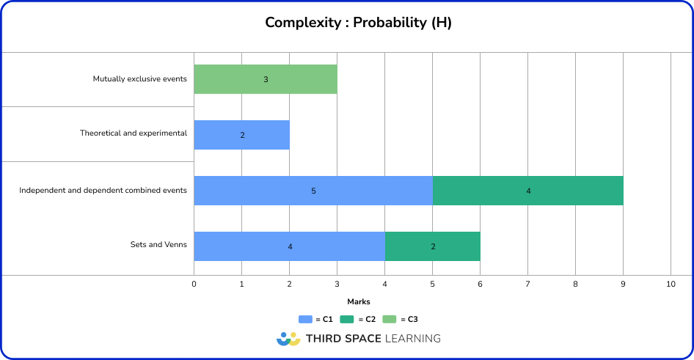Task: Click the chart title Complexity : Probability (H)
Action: (x=358, y=23)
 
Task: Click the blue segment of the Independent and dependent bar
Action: (x=313, y=191)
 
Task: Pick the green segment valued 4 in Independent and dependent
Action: (x=528, y=191)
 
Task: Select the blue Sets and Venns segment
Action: (x=289, y=246)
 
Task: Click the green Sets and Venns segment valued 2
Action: (x=433, y=246)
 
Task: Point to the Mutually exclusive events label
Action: (x=139, y=78)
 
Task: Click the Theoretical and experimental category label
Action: (x=134, y=133)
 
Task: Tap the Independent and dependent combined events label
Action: (x=103, y=191)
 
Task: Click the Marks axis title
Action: (x=358, y=301)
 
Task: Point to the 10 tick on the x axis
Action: (x=671, y=284)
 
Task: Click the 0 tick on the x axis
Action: (x=194, y=284)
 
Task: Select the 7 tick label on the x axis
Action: (x=527, y=284)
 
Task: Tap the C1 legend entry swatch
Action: (x=305, y=319)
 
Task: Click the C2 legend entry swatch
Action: (x=348, y=319)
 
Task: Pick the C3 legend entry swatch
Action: (x=390, y=319)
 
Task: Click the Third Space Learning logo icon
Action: (x=288, y=339)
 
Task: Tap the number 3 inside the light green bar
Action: (x=266, y=79)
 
